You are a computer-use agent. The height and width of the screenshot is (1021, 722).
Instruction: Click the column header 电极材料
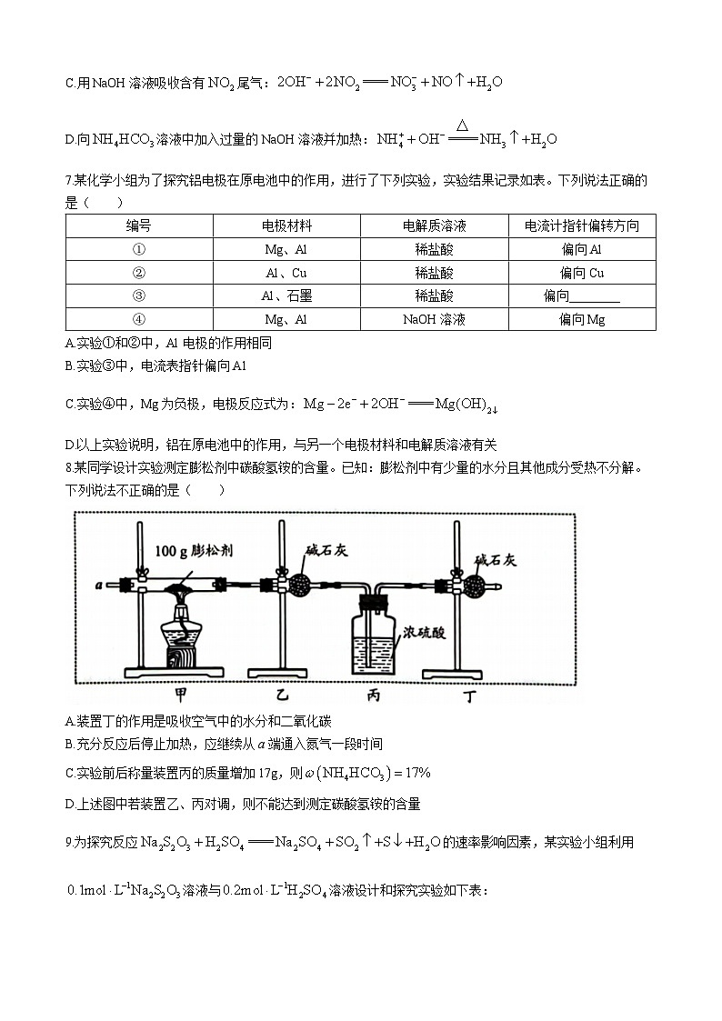[286, 226]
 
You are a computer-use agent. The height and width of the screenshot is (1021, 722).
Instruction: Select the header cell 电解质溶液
[434, 226]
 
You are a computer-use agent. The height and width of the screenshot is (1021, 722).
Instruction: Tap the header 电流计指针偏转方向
[581, 226]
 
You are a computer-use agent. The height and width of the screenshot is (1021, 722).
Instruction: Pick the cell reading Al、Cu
[286, 273]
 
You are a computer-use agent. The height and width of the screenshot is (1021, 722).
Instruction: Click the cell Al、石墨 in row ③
[286, 295]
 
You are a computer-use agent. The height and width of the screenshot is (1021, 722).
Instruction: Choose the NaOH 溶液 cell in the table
[434, 319]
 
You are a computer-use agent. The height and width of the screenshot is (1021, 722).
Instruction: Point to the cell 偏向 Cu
[582, 273]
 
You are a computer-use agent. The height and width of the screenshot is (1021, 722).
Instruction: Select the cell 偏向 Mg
[582, 319]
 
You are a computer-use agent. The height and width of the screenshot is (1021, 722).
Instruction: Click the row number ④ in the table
[139, 319]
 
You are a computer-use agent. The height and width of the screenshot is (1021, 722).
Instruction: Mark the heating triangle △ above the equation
[463, 125]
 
